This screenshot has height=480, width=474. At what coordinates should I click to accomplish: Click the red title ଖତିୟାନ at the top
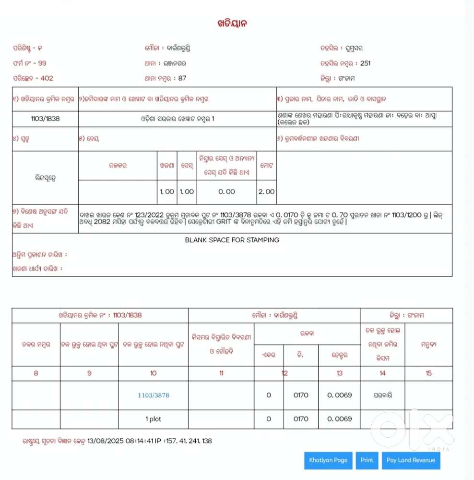[232, 24]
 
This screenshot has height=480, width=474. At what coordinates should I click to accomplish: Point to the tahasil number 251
[365, 63]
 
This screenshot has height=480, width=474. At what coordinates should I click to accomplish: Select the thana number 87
[182, 78]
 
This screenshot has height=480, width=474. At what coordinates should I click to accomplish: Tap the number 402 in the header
[47, 78]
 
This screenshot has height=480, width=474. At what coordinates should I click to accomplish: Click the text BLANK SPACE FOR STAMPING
[232, 240]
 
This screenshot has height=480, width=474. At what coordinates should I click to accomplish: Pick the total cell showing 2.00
[266, 191]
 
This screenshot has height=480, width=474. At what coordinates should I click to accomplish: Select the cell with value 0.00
[226, 191]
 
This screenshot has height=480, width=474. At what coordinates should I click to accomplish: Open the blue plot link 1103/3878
[153, 395]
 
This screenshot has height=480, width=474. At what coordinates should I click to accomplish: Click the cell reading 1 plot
[153, 419]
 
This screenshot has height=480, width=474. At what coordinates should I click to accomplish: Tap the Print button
[367, 460]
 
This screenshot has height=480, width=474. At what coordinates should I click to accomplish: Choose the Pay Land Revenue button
[410, 460]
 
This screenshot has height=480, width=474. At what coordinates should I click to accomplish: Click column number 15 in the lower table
[428, 373]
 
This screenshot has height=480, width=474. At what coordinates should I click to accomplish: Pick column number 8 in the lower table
[36, 373]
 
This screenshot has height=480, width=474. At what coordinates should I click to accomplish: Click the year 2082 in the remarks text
[105, 222]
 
